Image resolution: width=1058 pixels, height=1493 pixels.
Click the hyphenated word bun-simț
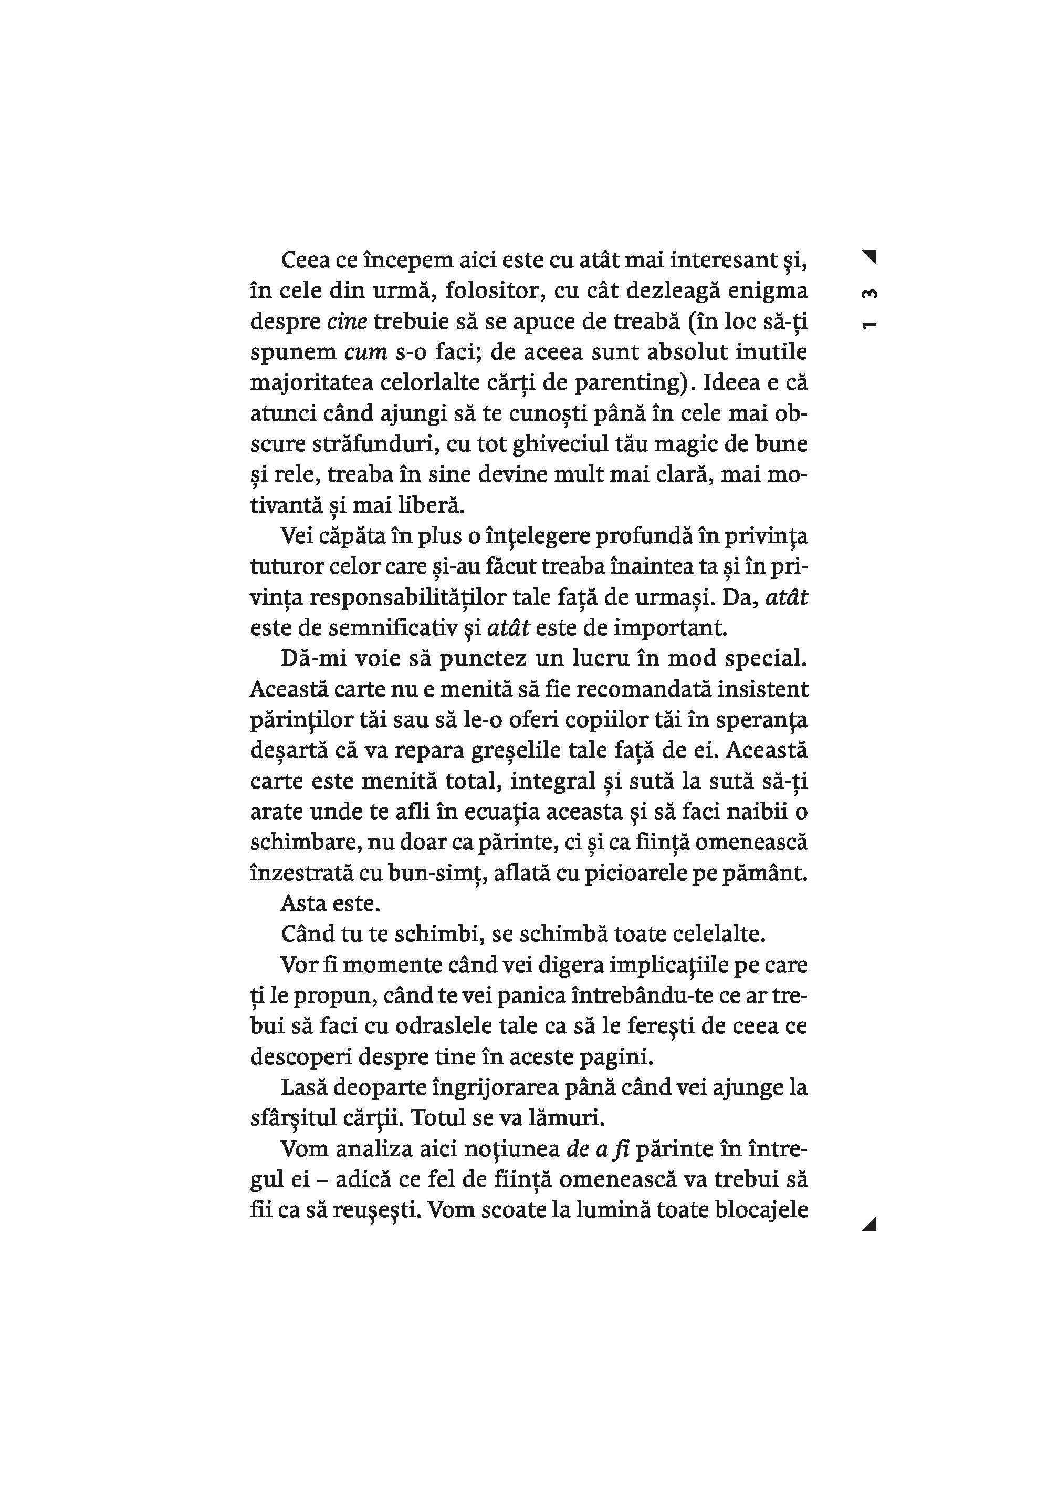433,873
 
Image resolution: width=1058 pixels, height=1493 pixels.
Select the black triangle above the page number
871,257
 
